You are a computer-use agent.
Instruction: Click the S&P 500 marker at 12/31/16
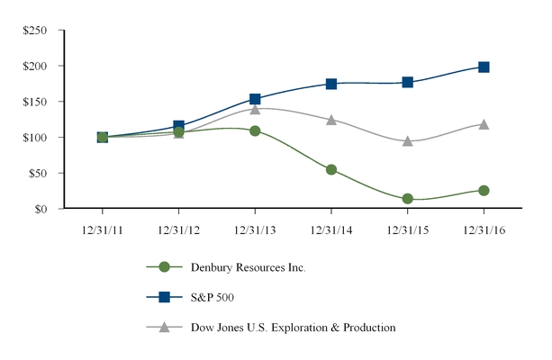[x=484, y=67]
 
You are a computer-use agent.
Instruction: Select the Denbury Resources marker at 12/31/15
[x=407, y=199]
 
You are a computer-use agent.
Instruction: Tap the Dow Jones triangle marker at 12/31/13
[x=255, y=109]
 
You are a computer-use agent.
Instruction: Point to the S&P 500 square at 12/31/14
[x=331, y=84]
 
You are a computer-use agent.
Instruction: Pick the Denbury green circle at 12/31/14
[x=331, y=169]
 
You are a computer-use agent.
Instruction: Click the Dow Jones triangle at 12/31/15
[x=407, y=141]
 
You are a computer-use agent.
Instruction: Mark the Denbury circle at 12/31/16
[x=484, y=191]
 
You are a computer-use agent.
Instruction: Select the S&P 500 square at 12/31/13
[x=255, y=99]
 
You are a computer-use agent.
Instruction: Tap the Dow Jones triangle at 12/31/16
[x=484, y=124]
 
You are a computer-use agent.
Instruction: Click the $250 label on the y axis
[x=35, y=31]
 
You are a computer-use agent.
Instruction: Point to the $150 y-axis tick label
[x=35, y=102]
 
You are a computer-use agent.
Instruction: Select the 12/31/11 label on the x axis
[x=102, y=229]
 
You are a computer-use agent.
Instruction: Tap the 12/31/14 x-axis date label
[x=331, y=229]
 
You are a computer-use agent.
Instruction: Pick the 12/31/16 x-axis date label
[x=484, y=229]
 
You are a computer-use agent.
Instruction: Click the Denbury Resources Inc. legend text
[x=248, y=267]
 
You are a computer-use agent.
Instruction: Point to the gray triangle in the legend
[x=164, y=327]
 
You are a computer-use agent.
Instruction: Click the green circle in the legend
[x=164, y=267]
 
